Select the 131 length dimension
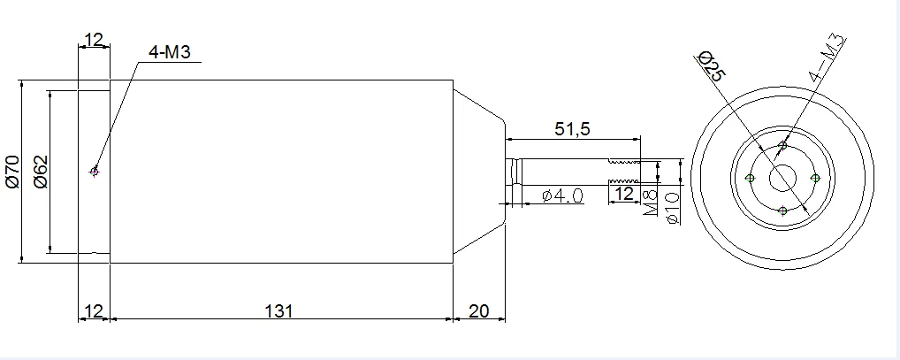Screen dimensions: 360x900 278,311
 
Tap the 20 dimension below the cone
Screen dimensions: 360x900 478,311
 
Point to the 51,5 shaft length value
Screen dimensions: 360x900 572,129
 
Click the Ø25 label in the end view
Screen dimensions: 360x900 711,67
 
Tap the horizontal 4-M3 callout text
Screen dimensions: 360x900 170,53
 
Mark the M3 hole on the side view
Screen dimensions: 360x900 95,172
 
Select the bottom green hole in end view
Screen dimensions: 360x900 783,211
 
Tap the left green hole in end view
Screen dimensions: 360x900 751,179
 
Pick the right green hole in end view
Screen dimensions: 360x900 816,179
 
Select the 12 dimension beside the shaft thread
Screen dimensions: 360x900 623,193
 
